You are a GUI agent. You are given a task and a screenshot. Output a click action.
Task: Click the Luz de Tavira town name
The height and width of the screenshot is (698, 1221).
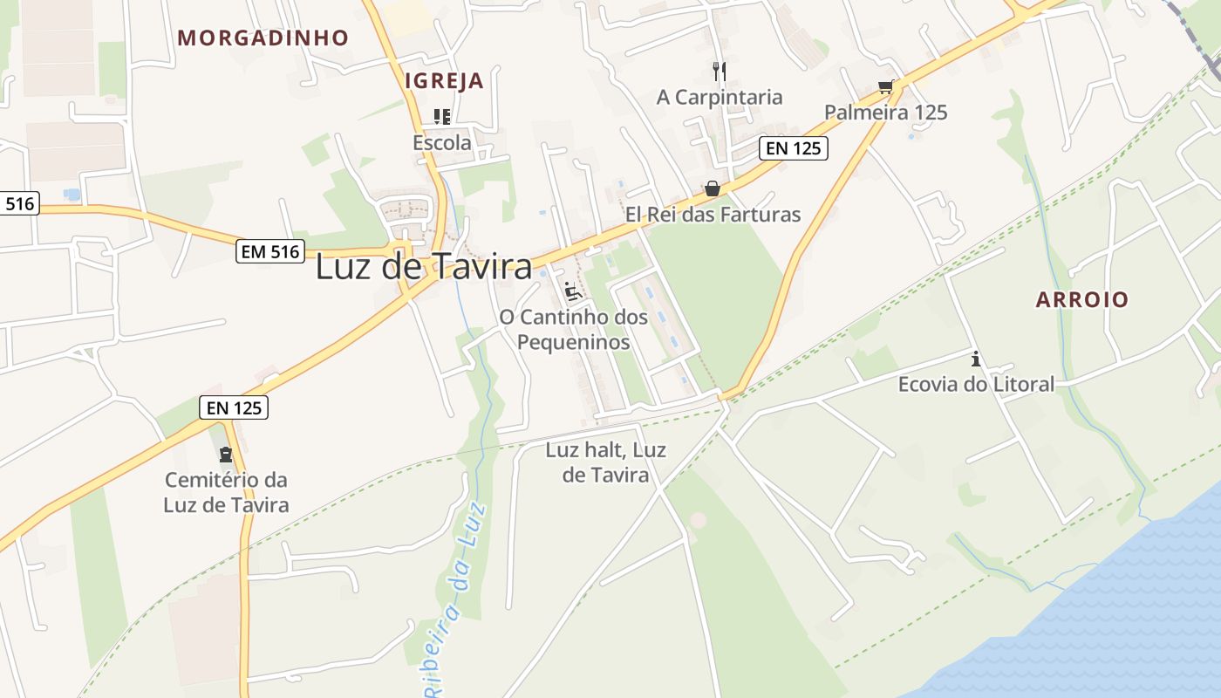click(x=424, y=267)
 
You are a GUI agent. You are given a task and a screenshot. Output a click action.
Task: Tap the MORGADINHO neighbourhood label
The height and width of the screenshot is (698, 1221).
click(x=263, y=38)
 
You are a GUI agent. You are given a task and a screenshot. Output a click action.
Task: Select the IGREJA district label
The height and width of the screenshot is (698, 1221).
click(x=444, y=81)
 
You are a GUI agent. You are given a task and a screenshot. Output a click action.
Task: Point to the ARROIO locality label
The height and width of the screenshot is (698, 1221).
click(x=1081, y=299)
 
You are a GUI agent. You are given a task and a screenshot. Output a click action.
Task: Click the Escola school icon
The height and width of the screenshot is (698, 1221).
click(x=442, y=117)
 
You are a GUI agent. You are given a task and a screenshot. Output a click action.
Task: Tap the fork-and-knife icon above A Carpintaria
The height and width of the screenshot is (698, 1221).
click(x=720, y=71)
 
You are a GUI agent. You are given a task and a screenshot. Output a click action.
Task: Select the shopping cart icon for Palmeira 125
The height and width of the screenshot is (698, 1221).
click(x=886, y=87)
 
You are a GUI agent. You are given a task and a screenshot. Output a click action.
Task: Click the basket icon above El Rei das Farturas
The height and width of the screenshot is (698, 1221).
click(x=713, y=189)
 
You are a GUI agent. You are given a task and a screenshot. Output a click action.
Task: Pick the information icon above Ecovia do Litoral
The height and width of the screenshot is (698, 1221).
click(x=976, y=359)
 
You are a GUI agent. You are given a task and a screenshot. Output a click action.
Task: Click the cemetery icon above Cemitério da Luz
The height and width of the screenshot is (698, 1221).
click(x=226, y=455)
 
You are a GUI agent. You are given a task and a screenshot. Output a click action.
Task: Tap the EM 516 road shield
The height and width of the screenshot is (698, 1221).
click(x=270, y=253)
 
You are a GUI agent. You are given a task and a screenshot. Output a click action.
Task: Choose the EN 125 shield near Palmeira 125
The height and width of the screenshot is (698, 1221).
click(x=793, y=148)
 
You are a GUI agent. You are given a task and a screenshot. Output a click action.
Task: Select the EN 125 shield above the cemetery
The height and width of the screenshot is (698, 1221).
click(x=234, y=407)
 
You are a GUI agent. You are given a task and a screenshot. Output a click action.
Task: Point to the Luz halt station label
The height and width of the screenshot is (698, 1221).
click(x=605, y=462)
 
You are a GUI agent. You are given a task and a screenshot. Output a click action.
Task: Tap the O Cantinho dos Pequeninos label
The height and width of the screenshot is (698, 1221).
click(x=573, y=329)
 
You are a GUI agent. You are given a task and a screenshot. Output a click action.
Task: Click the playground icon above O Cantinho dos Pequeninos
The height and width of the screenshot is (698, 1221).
click(x=573, y=291)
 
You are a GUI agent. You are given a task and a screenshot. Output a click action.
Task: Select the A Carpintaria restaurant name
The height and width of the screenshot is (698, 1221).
click(x=720, y=97)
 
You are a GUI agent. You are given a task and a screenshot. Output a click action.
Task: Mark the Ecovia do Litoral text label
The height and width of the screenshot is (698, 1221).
click(x=976, y=384)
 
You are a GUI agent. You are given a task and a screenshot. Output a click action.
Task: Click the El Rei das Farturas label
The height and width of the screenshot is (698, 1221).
click(x=713, y=215)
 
